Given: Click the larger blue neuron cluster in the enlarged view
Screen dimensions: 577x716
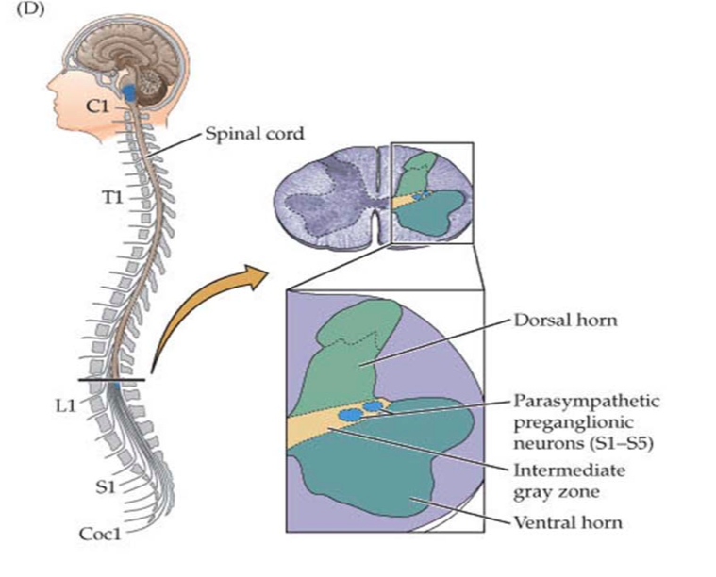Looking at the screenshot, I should click(x=351, y=415).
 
